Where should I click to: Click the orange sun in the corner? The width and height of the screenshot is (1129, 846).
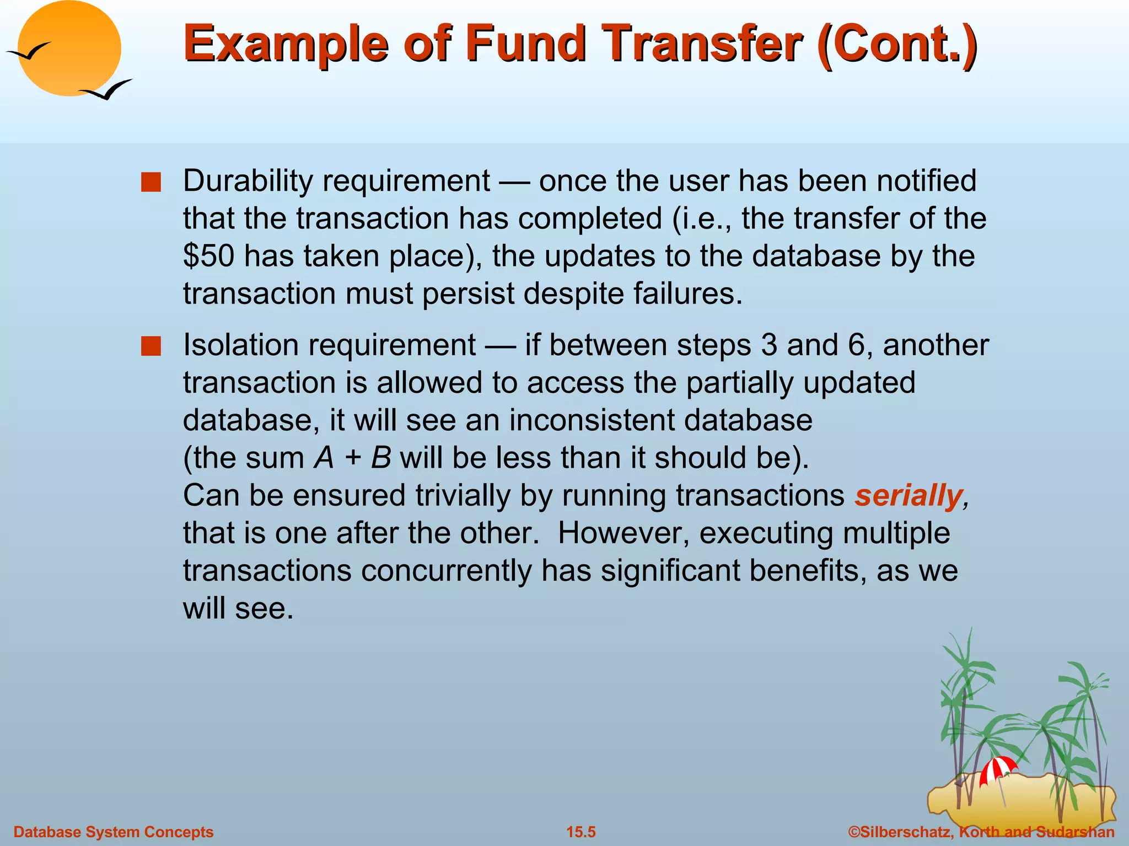69,48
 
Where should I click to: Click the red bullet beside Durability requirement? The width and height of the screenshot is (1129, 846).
150,182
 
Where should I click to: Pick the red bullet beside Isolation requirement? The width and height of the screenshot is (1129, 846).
150,347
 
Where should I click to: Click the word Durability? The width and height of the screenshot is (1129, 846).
248,181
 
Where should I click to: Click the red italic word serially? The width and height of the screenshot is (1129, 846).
908,495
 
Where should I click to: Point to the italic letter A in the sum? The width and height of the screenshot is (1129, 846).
324,458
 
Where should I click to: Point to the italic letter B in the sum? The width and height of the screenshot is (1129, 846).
381,458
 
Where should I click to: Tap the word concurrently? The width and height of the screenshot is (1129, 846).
446,571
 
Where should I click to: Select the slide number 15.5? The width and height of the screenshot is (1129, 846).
581,832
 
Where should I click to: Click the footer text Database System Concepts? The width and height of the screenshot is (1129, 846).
113,832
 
